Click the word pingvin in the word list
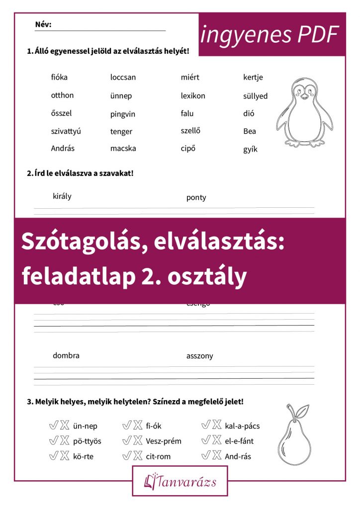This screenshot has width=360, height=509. click(x=122, y=114)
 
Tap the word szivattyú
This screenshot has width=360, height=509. click(x=66, y=131)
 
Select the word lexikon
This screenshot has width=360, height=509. click(x=193, y=95)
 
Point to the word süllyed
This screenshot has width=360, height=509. click(x=255, y=96)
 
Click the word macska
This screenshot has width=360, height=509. click(x=123, y=148)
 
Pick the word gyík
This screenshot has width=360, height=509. click(x=250, y=149)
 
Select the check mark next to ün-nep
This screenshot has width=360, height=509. click(x=53, y=425)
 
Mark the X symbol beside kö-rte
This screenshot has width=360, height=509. click(x=65, y=456)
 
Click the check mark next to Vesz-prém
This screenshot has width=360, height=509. click(x=126, y=441)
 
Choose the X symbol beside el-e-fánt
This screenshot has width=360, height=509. click(x=217, y=440)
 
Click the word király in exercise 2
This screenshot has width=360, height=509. click(x=62, y=196)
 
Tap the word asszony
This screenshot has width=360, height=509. click(x=199, y=355)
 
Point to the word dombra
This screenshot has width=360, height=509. click(x=66, y=355)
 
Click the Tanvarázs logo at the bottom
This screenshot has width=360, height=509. click(x=180, y=481)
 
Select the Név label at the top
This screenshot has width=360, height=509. click(x=43, y=24)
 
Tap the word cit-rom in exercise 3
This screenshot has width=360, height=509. click(x=158, y=456)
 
